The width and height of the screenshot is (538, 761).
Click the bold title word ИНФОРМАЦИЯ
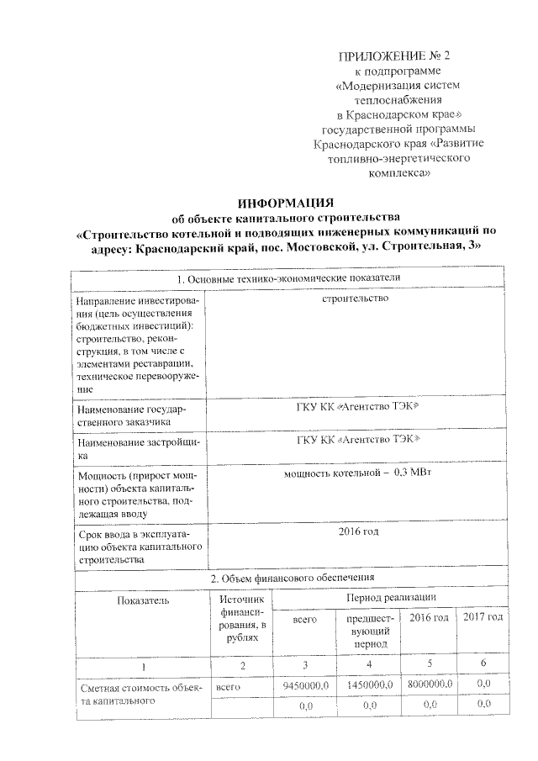[x=287, y=203]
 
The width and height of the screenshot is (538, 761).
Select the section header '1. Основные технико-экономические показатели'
[x=286, y=278]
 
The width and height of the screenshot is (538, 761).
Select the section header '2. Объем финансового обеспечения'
[x=286, y=579]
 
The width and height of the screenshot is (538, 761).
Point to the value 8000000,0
[x=430, y=685]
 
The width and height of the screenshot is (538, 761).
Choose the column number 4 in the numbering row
[x=370, y=666]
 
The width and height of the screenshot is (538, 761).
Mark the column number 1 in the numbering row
[x=143, y=666]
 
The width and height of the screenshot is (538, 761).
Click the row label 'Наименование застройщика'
[x=136, y=447]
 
